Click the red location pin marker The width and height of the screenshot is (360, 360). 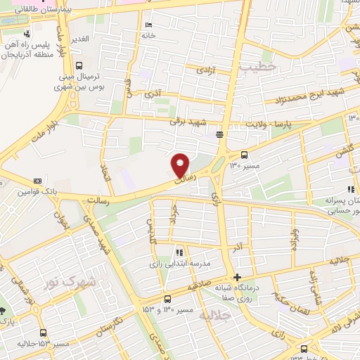click(x=181, y=165)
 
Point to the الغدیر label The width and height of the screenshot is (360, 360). click(x=79, y=38)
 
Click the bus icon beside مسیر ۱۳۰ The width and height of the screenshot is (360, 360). click(x=244, y=155)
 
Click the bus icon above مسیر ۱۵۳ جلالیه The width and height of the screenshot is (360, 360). click(x=44, y=333)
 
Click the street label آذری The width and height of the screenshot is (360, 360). click(x=153, y=94)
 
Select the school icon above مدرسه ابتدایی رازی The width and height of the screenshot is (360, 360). click(x=179, y=252)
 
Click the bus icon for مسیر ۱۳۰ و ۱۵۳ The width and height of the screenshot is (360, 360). click(x=167, y=298)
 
